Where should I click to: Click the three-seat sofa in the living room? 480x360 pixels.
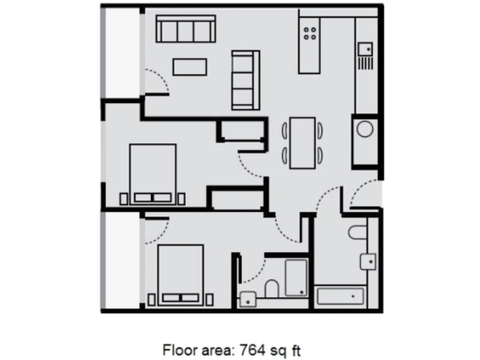(x=182, y=32)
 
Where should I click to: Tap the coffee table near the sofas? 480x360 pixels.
(x=189, y=66)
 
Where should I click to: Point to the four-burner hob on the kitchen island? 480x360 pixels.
(x=310, y=35)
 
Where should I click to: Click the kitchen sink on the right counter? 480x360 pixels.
(x=365, y=46)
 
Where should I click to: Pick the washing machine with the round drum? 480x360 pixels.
(x=365, y=130)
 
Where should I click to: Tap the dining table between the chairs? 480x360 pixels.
(x=303, y=142)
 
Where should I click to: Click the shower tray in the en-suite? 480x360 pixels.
(x=296, y=279)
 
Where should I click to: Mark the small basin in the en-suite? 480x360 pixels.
(x=247, y=299)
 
